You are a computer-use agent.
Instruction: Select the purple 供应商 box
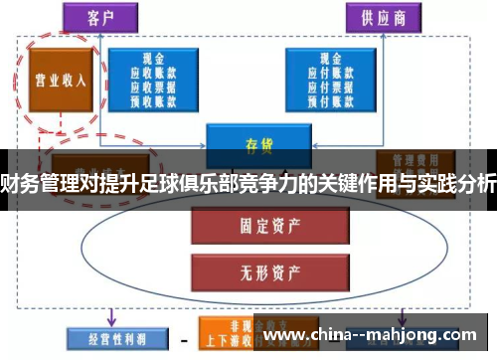point(381,17)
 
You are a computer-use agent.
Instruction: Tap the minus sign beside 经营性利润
point(183,338)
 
